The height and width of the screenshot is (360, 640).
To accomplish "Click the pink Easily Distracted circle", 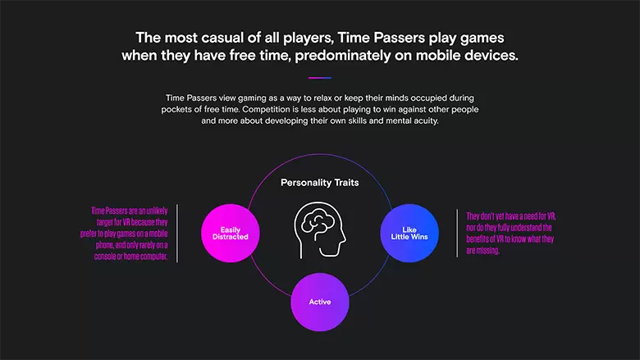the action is point(231,233).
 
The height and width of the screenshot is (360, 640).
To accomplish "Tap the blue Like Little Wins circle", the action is point(409,233).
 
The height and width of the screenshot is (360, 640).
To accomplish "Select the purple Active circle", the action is point(320,302).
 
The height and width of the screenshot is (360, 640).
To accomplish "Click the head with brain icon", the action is point(320,230).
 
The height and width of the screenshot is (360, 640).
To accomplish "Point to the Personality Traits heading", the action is point(320,183).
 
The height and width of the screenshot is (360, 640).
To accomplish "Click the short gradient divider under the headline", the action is point(320,77).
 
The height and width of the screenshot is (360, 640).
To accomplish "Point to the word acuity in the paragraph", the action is point(426,121).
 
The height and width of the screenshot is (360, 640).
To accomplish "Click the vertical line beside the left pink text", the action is point(177,233).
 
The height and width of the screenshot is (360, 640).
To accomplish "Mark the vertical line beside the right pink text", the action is point(457,233).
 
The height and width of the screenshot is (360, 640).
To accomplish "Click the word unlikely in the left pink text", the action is point(158,211).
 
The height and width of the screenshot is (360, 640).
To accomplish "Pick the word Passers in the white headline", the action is point(400,38).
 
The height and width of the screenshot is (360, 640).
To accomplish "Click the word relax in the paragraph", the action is point(323,98).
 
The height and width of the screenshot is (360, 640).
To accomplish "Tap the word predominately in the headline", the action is point(343,56).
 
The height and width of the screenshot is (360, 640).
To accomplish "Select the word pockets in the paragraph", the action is point(175,110).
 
